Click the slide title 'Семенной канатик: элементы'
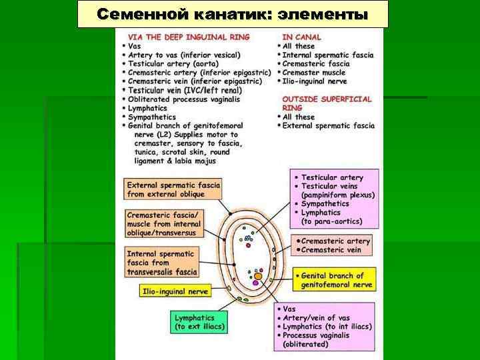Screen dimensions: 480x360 click(x=232, y=14)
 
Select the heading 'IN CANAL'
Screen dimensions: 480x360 click(x=301, y=37)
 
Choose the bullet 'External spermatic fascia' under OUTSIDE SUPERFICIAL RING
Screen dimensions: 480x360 click(x=328, y=125)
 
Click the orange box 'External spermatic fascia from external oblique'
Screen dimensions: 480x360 click(x=173, y=189)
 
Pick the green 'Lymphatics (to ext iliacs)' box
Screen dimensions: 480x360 click(x=199, y=322)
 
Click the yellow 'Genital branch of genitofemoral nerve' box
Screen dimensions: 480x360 click(x=333, y=280)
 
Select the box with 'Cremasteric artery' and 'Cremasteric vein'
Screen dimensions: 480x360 click(x=331, y=245)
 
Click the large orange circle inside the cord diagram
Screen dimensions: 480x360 click(x=258, y=275)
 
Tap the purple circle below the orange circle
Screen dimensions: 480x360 click(x=255, y=283)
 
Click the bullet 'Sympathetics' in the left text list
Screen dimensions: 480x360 click(x=153, y=117)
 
